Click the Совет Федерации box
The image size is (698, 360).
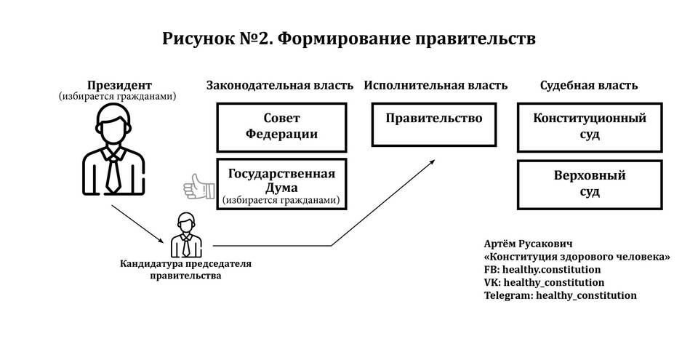281,127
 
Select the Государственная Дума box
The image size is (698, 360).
281,183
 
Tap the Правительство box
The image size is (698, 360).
434,124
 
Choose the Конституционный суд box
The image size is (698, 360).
590,127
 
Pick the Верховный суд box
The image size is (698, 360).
590,185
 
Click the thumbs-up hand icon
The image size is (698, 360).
199,186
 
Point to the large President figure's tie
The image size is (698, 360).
113,175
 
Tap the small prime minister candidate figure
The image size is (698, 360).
186,234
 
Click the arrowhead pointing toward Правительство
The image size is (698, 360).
431,163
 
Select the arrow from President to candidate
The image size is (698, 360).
138,224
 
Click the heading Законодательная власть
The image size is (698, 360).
279,86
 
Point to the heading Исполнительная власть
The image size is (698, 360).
436,86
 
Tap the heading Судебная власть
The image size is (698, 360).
589,86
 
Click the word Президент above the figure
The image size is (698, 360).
119,85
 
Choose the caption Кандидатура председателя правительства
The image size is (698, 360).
185,270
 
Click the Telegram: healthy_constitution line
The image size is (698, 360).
561,295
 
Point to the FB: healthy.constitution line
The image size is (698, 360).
542,270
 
